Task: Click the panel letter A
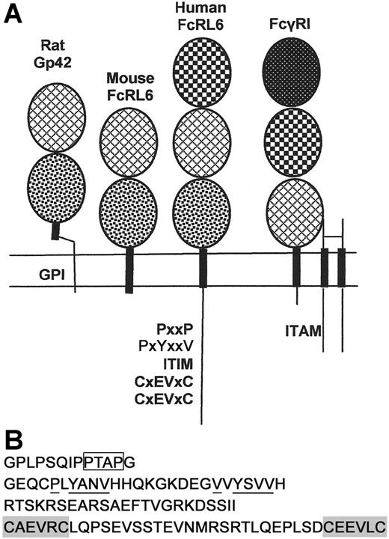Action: pos(13,15)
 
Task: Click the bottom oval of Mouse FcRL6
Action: pos(129,212)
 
